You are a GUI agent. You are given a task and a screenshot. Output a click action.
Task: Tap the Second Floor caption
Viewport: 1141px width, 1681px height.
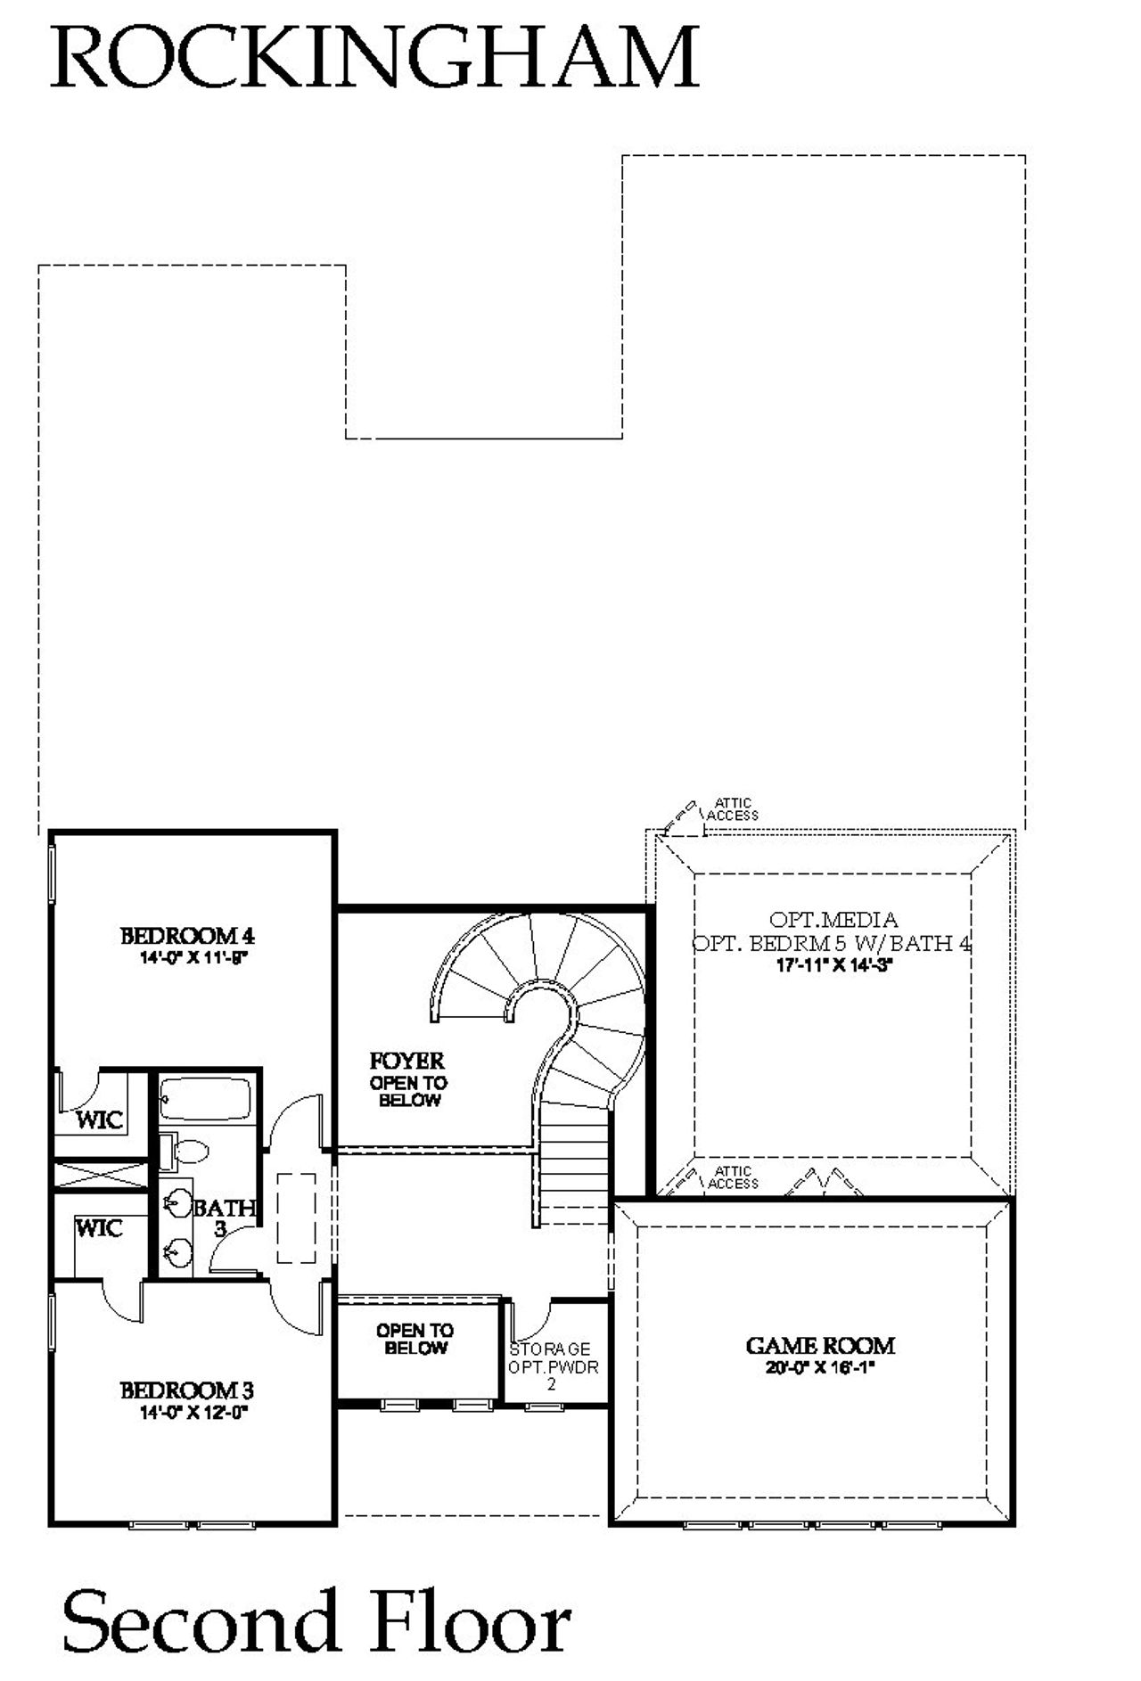click(316, 1622)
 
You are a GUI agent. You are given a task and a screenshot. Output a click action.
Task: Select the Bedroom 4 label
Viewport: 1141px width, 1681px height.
click(187, 936)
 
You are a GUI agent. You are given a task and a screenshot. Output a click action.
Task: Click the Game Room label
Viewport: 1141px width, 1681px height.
click(820, 1346)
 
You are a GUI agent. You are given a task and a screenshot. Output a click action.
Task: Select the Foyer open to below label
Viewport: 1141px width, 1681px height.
click(407, 1079)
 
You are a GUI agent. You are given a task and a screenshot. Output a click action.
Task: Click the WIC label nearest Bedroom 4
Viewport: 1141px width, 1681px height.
click(99, 1119)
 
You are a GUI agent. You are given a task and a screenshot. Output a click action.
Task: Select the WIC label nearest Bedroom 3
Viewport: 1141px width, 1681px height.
click(99, 1228)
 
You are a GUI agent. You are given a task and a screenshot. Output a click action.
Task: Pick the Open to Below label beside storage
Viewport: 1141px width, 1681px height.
click(415, 1339)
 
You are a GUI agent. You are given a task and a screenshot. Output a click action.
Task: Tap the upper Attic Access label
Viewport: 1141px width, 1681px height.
click(733, 809)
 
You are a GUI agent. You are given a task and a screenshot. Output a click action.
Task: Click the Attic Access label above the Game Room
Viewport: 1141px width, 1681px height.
click(733, 1177)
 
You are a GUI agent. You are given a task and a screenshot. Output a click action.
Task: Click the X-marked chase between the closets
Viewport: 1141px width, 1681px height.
click(100, 1174)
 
